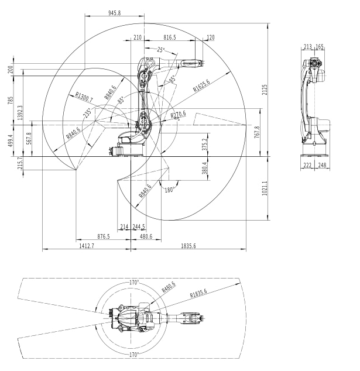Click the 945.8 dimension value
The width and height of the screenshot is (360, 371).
[x=115, y=13]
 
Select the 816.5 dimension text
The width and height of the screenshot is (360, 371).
[x=170, y=37]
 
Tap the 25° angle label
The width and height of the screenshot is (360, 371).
[x=161, y=50]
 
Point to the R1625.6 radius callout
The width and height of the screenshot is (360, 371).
[x=201, y=85]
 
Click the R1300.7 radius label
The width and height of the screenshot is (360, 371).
[x=84, y=97]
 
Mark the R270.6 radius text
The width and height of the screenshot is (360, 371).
[x=179, y=115]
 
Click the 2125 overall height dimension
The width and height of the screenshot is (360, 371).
[x=265, y=90]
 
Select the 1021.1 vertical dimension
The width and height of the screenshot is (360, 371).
[x=265, y=188]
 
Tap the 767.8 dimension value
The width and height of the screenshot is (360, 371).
[x=257, y=132]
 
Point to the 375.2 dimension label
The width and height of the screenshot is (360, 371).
[x=205, y=145]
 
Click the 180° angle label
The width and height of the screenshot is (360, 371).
[x=170, y=190]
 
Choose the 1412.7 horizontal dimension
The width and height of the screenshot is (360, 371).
[x=87, y=246]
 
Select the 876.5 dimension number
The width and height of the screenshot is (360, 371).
[x=104, y=236]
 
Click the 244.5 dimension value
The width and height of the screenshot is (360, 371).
[x=139, y=226]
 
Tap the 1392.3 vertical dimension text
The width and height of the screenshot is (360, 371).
[x=20, y=112]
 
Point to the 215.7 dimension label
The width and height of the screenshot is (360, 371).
[x=20, y=163]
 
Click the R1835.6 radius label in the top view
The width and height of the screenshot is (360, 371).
[x=198, y=293]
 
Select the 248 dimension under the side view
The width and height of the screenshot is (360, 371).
[x=323, y=165]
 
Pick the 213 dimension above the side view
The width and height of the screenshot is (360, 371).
[x=307, y=47]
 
